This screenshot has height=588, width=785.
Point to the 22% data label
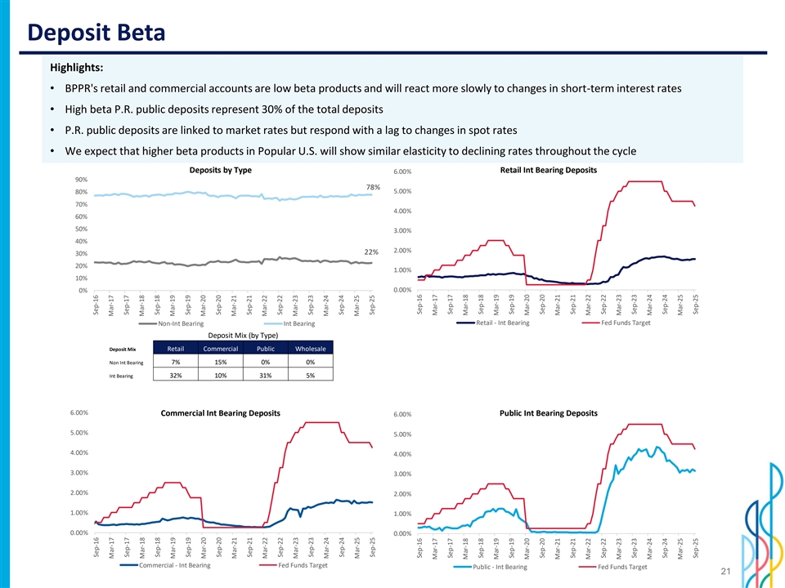click(x=368, y=251)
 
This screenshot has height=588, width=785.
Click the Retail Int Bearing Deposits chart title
click(x=548, y=170)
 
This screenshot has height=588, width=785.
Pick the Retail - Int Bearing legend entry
click(x=502, y=323)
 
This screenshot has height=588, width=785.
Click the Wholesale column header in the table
click(x=310, y=349)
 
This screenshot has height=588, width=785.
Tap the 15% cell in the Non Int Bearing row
click(x=220, y=362)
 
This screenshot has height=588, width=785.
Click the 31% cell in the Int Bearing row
click(x=265, y=376)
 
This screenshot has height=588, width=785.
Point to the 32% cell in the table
click(x=175, y=376)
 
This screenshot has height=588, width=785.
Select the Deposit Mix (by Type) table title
click(x=243, y=336)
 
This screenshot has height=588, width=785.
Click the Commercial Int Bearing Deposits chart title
click(x=221, y=412)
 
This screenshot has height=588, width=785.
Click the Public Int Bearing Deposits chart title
click(x=548, y=412)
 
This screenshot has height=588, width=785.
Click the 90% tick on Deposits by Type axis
click(x=80, y=180)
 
